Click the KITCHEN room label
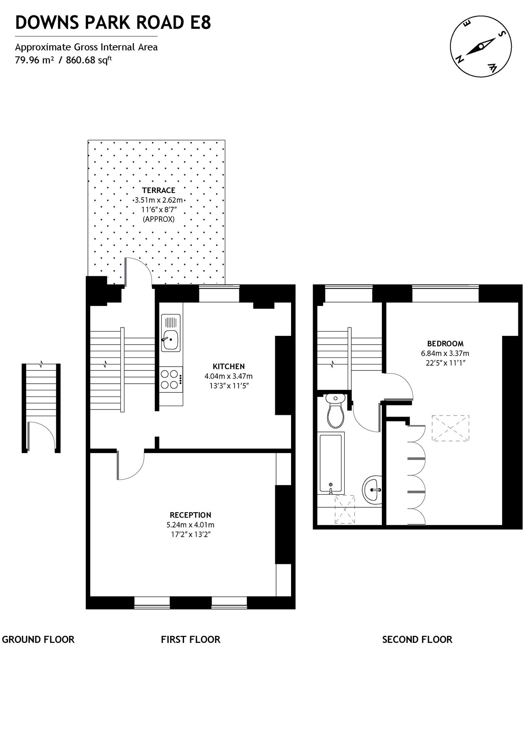(229, 367)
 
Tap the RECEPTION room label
(190, 515)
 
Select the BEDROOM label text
(445, 344)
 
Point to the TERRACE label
(158, 191)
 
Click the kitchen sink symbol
(171, 333)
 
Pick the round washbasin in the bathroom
(372, 489)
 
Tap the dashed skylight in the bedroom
(450, 428)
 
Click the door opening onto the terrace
(138, 273)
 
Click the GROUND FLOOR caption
(38, 640)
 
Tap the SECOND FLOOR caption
(417, 640)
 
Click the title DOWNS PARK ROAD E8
(113, 23)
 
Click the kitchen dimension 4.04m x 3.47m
(228, 376)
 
